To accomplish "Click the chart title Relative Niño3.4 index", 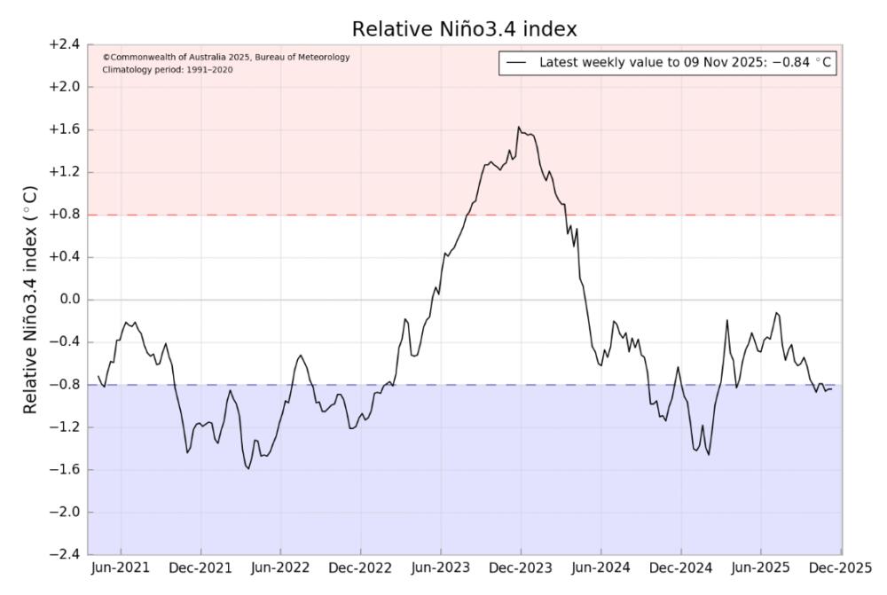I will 465,29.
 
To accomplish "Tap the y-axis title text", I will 30,300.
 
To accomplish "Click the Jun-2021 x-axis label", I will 121,568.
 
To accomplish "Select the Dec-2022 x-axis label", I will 361,568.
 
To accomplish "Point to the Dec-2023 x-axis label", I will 521,568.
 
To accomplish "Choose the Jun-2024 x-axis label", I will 600,568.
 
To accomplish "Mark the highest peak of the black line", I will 519,127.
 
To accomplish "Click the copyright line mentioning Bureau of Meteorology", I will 226,58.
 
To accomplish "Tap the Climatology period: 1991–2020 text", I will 168,69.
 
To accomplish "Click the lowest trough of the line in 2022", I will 248,468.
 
